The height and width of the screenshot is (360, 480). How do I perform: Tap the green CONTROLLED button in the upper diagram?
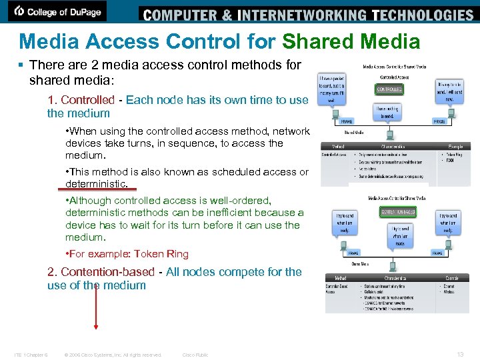click(x=389, y=89)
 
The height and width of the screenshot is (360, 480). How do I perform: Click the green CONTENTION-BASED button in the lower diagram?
click(x=399, y=211)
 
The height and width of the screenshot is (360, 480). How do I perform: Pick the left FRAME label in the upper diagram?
click(x=347, y=122)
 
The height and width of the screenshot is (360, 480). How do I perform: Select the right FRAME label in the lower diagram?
click(x=437, y=253)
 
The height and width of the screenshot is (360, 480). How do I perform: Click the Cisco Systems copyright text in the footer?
click(x=113, y=355)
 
